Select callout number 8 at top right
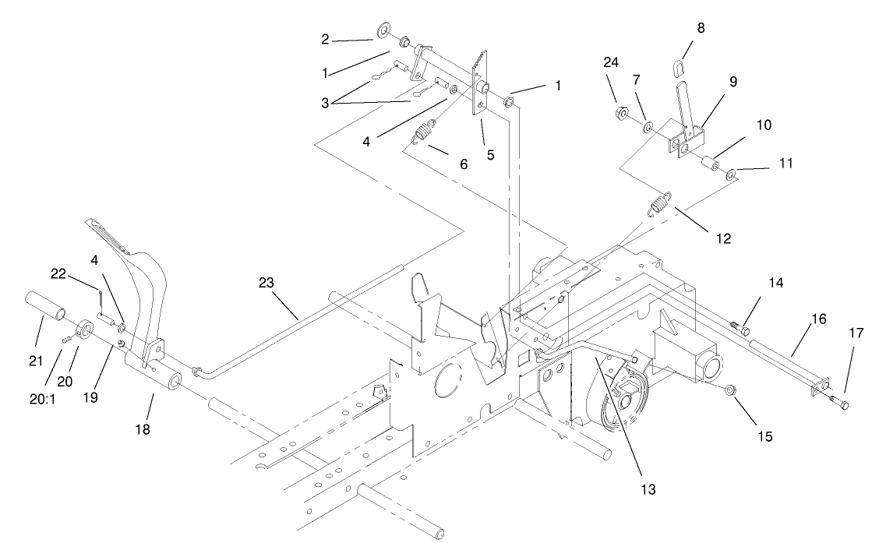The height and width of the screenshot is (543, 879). pos(701,28)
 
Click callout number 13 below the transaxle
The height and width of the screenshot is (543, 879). pos(648,489)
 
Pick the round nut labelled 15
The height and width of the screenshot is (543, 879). pos(729,390)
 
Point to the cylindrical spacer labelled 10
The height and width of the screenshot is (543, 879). pos(711,164)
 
